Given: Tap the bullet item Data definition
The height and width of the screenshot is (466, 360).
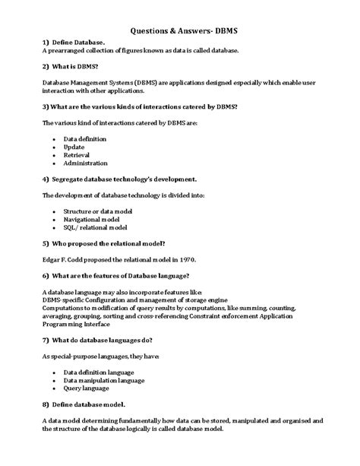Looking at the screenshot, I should click(85, 139).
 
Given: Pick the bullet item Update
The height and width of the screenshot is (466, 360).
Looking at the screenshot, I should click(74, 147).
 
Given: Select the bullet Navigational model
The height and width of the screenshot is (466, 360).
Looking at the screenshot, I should click(91, 219).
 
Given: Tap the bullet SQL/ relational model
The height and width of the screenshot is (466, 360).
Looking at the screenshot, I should click(95, 227).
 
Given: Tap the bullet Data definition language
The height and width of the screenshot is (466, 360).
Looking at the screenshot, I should click(99, 372).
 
